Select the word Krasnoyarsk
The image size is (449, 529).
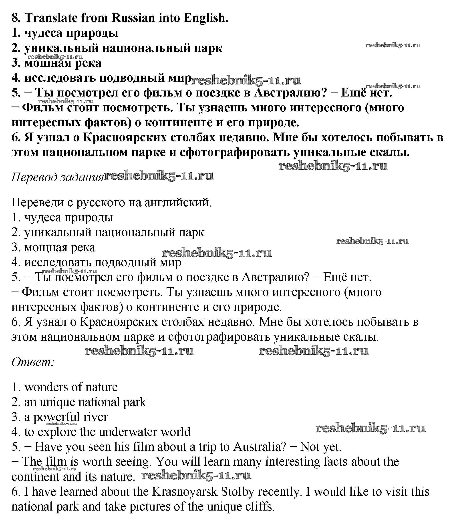click(185, 492)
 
